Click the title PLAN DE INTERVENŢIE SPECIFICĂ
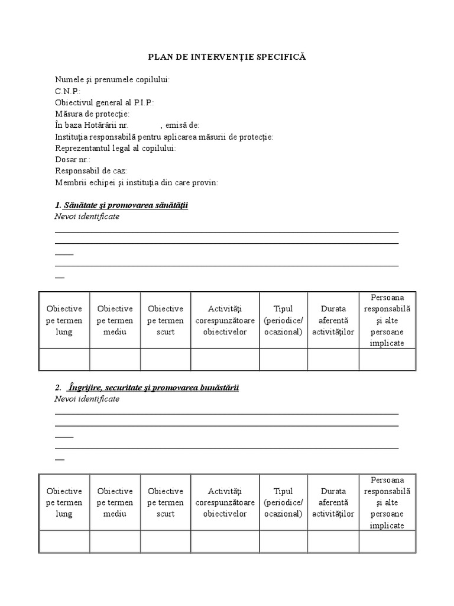[x=227, y=57]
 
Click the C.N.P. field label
[x=68, y=91]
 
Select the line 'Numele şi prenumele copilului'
[x=112, y=80]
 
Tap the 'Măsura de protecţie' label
[x=92, y=114]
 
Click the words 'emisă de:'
[x=182, y=125]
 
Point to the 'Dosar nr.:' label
[x=73, y=159]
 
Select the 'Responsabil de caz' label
[x=91, y=171]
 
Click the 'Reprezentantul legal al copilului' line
[x=115, y=148]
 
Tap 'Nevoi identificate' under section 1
[x=87, y=217]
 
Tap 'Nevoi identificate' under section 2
[x=87, y=399]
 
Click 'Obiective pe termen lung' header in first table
[x=64, y=320]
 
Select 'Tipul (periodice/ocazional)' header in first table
[x=284, y=320]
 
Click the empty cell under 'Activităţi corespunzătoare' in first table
[x=225, y=359]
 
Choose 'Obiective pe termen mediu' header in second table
[x=115, y=502]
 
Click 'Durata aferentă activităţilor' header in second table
[x=333, y=502]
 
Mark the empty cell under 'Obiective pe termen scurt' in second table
[x=166, y=541]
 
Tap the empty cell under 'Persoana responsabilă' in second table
[x=387, y=541]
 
